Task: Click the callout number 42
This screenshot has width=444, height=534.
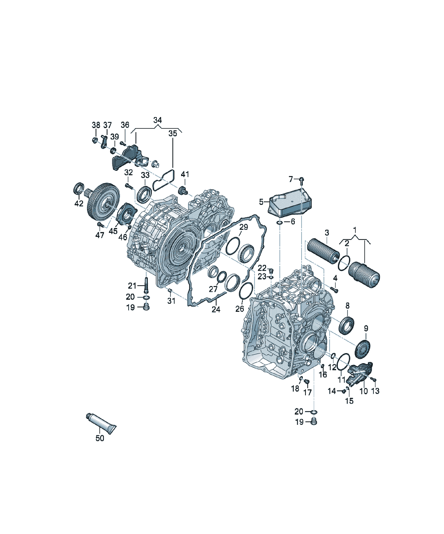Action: pyautogui.click(x=79, y=203)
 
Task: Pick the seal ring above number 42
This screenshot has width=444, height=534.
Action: pyautogui.click(x=78, y=188)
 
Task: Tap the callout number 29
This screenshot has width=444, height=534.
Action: pyautogui.click(x=244, y=227)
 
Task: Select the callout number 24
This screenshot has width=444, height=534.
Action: pyautogui.click(x=216, y=309)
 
